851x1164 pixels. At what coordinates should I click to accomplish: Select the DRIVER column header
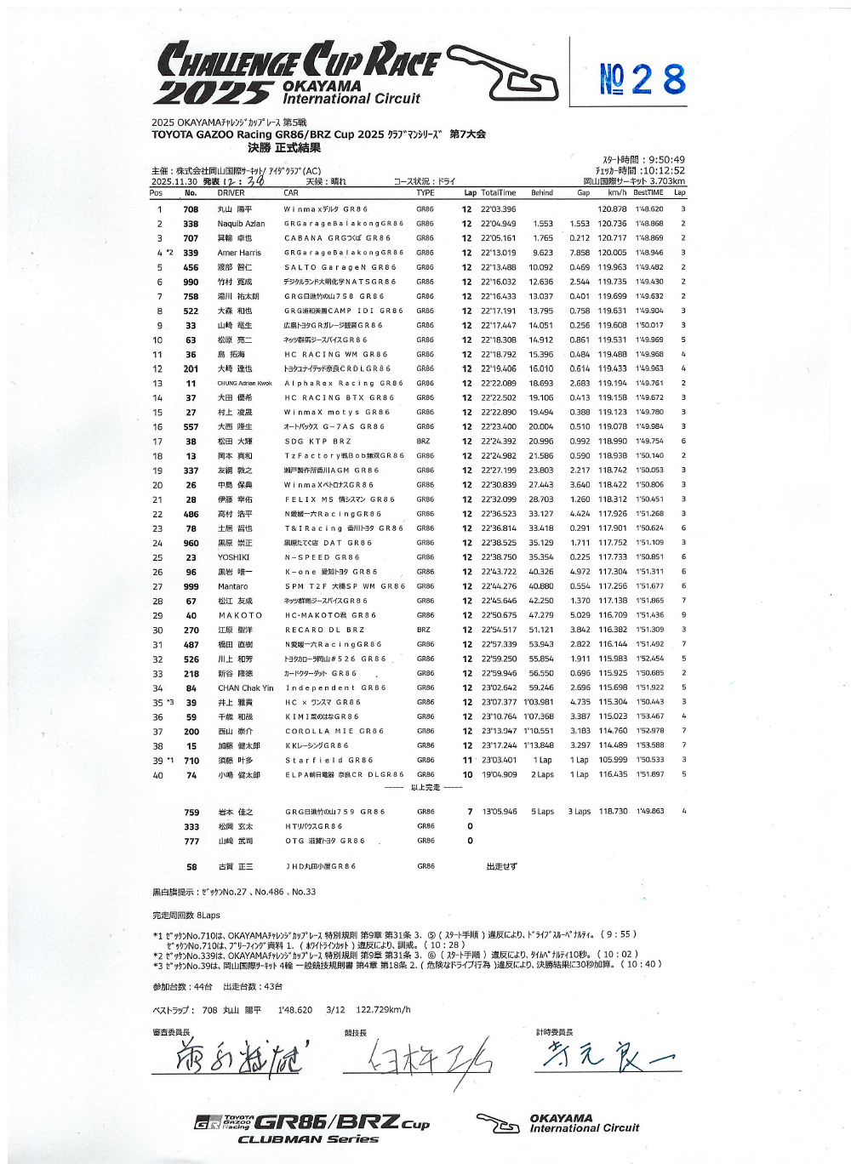pos(231,193)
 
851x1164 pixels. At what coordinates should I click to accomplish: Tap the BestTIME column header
pos(648,193)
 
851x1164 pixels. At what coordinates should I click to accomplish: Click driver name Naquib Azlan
pos(241,224)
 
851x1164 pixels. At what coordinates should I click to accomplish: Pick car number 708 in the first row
pos(191,209)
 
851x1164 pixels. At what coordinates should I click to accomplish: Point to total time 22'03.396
pos(498,209)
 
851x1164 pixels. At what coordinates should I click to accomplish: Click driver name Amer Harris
pos(239,253)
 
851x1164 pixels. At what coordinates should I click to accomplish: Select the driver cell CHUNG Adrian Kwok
pos(244,384)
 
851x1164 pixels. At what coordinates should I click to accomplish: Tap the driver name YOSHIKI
pos(233,557)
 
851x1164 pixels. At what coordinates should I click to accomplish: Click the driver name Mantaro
pos(232,586)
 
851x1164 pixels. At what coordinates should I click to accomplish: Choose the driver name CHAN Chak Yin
pos(245,688)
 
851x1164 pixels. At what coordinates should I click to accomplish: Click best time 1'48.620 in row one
pos(648,209)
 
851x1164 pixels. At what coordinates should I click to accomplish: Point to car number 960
pos(191,543)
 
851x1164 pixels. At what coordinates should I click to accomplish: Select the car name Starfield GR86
pos(328,761)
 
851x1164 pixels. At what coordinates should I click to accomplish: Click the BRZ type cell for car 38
pos(423,442)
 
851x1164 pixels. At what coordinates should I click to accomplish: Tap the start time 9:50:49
pos(643,160)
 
